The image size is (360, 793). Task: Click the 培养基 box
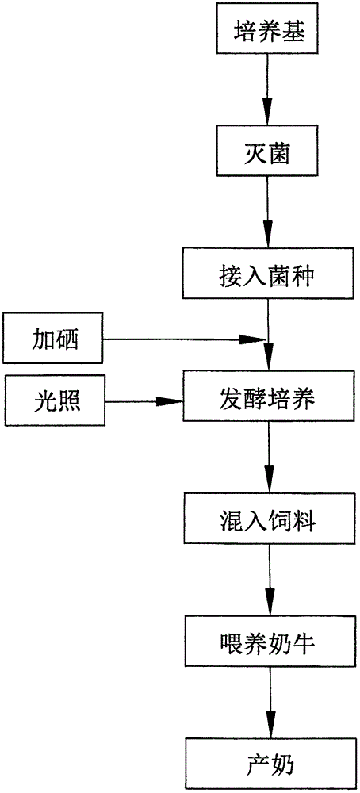click(266, 33)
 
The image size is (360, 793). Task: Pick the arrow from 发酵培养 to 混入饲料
click(269, 460)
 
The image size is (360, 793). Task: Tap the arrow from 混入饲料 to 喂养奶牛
click(269, 583)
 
